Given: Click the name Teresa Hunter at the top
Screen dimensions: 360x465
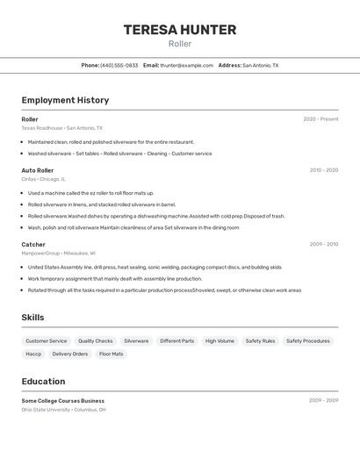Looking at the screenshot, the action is point(180,30).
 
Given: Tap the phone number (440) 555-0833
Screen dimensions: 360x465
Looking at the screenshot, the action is point(119,65).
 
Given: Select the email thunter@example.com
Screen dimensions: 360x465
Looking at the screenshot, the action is point(186,65).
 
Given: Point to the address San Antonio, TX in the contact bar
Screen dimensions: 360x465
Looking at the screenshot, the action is point(260,65).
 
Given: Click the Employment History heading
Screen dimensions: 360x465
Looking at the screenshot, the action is point(65,100).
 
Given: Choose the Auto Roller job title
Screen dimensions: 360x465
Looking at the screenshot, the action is point(38,170).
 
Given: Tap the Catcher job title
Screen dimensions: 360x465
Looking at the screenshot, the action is point(33,245).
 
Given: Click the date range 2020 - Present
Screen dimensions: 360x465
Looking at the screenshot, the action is point(320,119).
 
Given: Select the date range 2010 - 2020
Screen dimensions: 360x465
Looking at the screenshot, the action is point(324,170).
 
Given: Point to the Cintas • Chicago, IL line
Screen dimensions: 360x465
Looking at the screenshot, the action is point(43,178).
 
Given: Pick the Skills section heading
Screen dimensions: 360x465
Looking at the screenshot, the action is point(32,318).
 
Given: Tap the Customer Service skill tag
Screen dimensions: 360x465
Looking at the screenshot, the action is point(46,340).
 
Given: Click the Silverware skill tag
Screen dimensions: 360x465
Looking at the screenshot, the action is point(136,340).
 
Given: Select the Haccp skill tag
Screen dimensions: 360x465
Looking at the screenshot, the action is point(33,354).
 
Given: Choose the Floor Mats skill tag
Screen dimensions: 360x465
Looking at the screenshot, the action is point(112,354).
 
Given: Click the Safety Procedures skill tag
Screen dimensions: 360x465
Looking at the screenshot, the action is point(308,340).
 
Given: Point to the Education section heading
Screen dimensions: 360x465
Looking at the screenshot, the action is point(43,382).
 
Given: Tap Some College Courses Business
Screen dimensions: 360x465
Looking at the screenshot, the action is point(62,401).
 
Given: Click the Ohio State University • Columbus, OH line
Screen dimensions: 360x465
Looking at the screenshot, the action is point(63,409).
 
